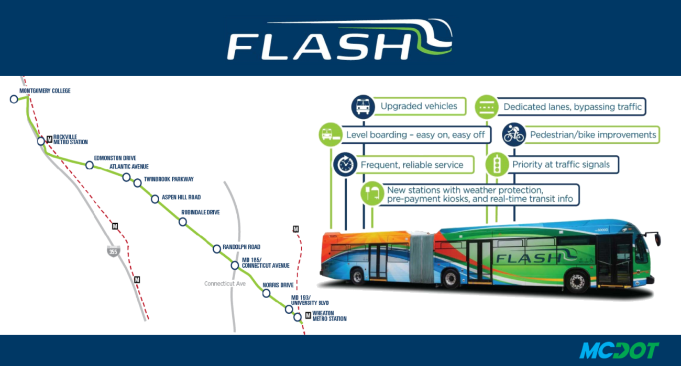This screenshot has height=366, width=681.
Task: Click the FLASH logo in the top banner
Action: tap(339, 39)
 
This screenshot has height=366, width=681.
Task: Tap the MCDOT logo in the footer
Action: tap(619, 350)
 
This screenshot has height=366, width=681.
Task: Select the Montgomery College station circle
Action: tap(14, 99)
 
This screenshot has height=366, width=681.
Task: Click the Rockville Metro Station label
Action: tap(71, 140)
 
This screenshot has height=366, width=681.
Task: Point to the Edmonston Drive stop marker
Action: tap(90, 165)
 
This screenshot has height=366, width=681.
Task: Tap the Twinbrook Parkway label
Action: tap(169, 179)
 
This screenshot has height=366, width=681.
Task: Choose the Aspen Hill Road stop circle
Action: tap(155, 199)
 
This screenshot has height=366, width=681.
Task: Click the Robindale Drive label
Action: tap(200, 212)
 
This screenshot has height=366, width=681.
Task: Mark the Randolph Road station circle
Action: tap(217, 249)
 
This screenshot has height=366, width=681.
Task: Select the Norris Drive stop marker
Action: tap(266, 293)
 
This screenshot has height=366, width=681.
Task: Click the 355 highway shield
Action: tap(113, 251)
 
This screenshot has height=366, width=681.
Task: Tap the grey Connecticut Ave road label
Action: tap(225, 284)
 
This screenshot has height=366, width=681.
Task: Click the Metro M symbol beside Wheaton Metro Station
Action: tap(308, 316)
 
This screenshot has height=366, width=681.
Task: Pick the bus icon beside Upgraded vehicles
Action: tap(363, 107)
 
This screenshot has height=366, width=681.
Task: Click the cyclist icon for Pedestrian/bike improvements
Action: tap(514, 134)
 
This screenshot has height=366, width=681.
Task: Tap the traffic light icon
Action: tap(497, 165)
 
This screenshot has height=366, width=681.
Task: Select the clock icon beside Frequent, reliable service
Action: tap(345, 165)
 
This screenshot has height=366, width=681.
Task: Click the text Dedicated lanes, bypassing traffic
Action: tap(573, 107)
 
